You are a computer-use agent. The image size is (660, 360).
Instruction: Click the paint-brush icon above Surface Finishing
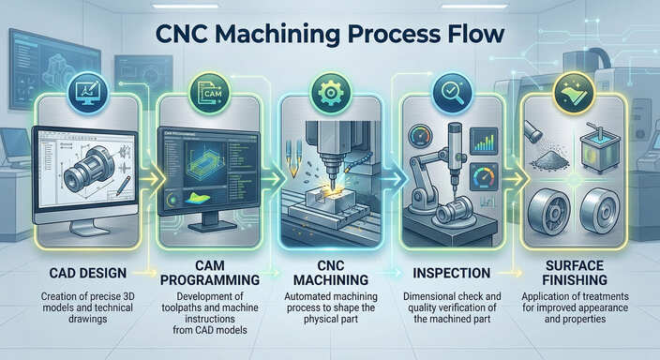coord(574,94)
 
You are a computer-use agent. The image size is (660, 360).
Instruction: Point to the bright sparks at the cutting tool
coord(330,186)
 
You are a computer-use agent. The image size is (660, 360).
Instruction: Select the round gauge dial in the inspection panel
coord(484,176)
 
